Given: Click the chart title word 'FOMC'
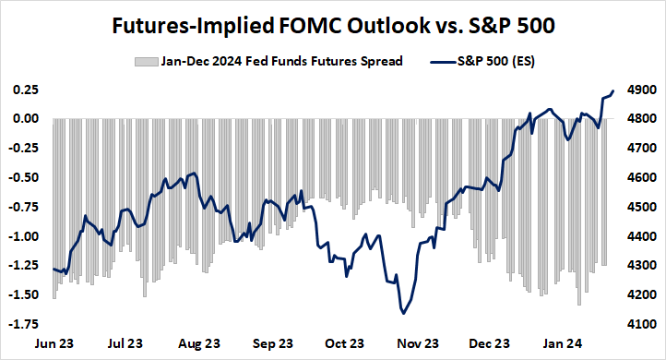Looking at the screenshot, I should coord(298,26).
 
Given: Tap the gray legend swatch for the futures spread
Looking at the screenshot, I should coord(143,63).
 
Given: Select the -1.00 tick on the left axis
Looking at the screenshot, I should coord(24,236).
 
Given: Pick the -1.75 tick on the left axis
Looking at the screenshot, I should coord(24,324).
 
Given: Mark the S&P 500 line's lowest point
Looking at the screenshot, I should coord(404,314).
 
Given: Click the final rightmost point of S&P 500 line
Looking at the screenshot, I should coord(613,90).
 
